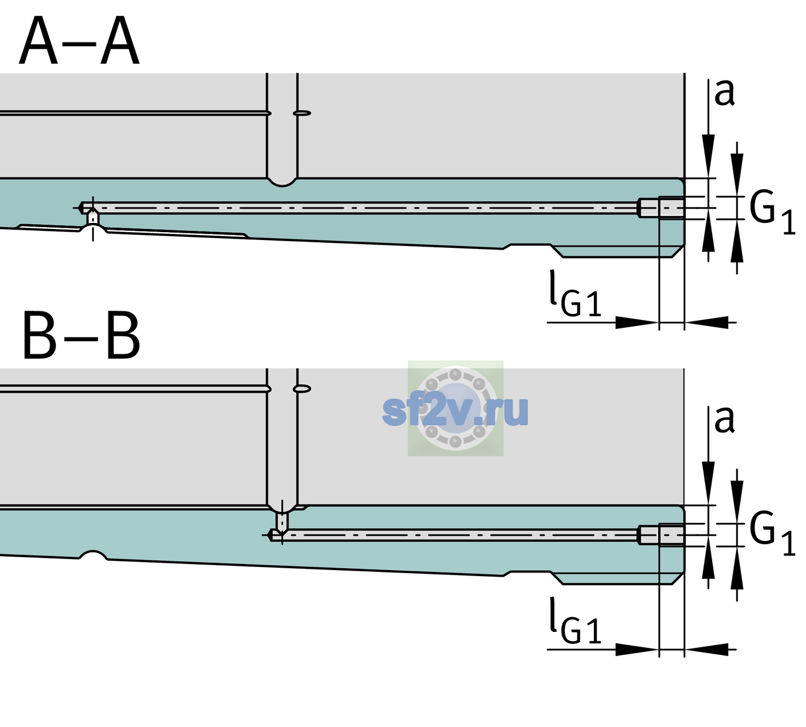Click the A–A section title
(79, 41)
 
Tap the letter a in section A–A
(724, 93)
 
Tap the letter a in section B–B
(724, 420)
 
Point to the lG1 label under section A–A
(575, 294)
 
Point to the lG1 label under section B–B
(575, 620)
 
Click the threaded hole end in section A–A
(661, 208)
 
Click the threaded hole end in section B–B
(661, 535)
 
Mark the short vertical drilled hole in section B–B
(282, 522)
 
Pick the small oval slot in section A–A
(302, 113)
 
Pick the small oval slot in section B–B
(302, 389)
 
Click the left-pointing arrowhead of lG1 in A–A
(707, 322)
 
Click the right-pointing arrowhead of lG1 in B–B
(637, 649)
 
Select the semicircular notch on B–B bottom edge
(93, 555)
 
